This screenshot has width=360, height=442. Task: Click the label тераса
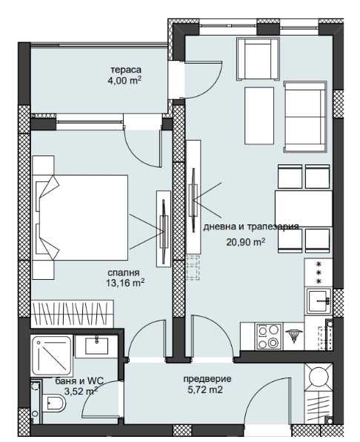(x=126, y=70)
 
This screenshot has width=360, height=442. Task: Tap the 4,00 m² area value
(x=124, y=81)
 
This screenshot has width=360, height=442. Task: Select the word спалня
(x=124, y=273)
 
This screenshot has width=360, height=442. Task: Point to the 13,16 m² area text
(x=125, y=283)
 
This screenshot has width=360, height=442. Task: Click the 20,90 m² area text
(x=246, y=242)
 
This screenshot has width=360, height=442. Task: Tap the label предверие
(x=207, y=379)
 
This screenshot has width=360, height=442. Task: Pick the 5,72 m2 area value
(x=205, y=390)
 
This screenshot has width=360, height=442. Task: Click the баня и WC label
(x=79, y=381)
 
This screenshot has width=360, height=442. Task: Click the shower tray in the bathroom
(x=52, y=355)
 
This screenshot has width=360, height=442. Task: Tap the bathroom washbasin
(x=96, y=346)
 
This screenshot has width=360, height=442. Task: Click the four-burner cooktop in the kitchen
(x=268, y=336)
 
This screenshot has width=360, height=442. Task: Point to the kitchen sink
(x=319, y=301)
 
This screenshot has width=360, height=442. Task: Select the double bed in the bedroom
(x=80, y=218)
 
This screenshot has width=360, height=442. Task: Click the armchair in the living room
(x=259, y=58)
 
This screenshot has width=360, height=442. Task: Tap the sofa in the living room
(x=305, y=117)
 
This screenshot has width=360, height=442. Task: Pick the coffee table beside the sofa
(x=259, y=115)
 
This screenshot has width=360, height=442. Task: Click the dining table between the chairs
(x=304, y=209)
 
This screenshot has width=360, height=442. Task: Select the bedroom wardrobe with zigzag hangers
(x=73, y=314)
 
